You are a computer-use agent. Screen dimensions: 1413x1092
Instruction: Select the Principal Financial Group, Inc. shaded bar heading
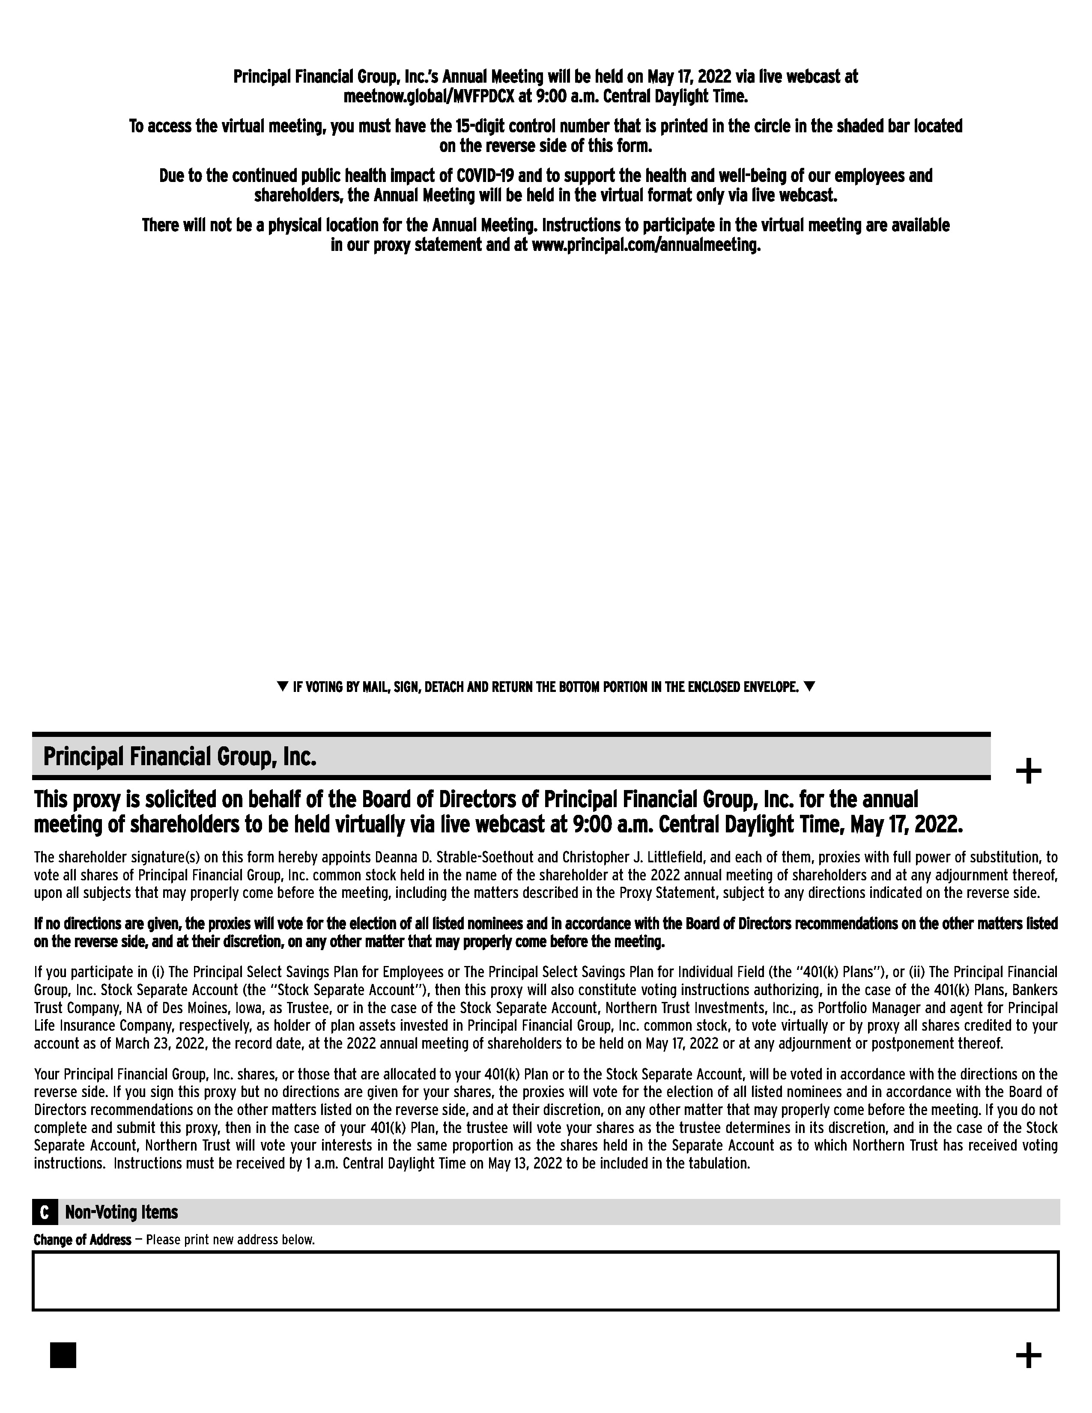pyautogui.click(x=180, y=756)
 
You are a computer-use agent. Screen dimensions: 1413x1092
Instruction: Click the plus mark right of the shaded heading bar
pyautogui.click(x=1028, y=772)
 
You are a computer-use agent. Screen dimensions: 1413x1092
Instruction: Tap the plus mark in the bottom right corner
pyautogui.click(x=1028, y=1356)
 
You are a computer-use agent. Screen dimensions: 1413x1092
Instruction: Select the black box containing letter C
pyautogui.click(x=44, y=1213)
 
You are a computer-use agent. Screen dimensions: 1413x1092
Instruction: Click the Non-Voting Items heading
pyautogui.click(x=122, y=1213)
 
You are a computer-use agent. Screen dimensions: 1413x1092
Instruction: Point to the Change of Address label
pyautogui.click(x=82, y=1240)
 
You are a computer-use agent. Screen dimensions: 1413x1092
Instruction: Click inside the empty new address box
pyautogui.click(x=545, y=1281)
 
